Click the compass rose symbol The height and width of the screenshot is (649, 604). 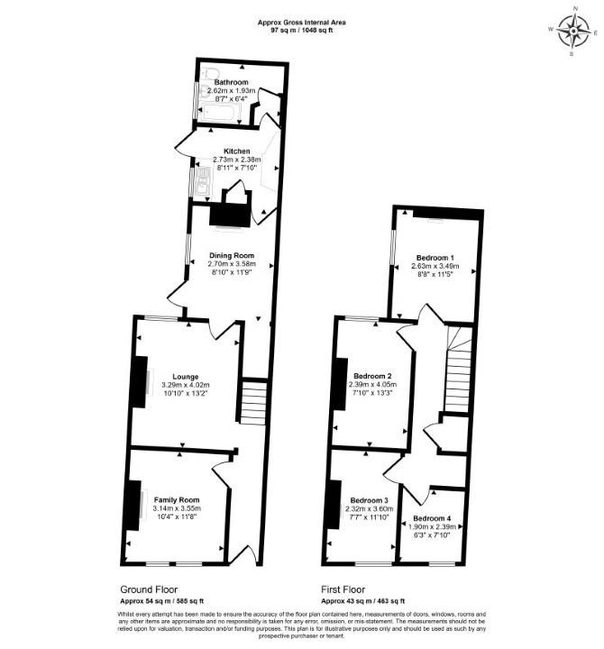pos(573,32)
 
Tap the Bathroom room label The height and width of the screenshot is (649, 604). pos(232,82)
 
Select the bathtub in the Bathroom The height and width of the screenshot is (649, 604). pos(219,113)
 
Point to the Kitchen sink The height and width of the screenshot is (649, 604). pos(203,181)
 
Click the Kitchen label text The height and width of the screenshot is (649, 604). pos(237,151)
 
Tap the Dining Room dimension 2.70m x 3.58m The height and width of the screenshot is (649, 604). pos(232,263)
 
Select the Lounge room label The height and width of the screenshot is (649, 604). pos(186,377)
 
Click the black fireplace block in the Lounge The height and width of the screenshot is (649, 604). pos(140,382)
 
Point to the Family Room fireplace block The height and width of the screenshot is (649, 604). pos(133,505)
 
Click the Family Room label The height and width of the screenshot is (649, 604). pos(177,500)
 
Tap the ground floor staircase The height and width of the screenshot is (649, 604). pos(253,402)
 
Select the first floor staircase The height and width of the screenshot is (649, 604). pos(458,370)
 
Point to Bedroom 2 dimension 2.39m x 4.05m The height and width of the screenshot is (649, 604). pos(372,385)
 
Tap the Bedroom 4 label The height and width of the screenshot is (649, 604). pos(432,518)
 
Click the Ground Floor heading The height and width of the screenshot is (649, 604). pos(149,590)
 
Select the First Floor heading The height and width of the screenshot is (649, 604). pos(343,590)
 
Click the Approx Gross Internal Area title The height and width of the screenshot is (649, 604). pos(301,23)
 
